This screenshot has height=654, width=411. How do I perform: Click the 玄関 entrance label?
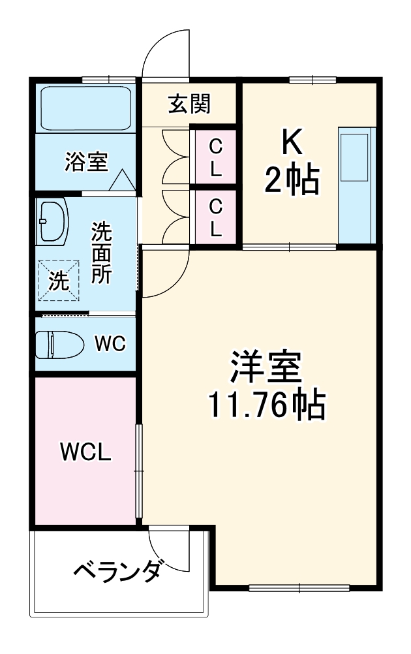pos(189,104)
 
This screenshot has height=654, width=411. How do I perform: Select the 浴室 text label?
pos(86,161)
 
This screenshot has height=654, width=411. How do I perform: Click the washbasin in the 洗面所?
pos(52,221)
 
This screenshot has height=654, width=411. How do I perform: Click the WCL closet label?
pos(85,451)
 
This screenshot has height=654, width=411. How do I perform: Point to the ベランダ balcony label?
pos(117,572)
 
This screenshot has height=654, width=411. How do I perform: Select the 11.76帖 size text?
pos(266,407)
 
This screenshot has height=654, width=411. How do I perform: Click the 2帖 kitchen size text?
pos(291,181)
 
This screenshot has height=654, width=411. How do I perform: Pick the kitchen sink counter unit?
pos(356,183)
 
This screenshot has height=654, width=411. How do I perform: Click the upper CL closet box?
pos(215,159)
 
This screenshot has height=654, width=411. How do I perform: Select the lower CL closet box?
pos(215,218)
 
